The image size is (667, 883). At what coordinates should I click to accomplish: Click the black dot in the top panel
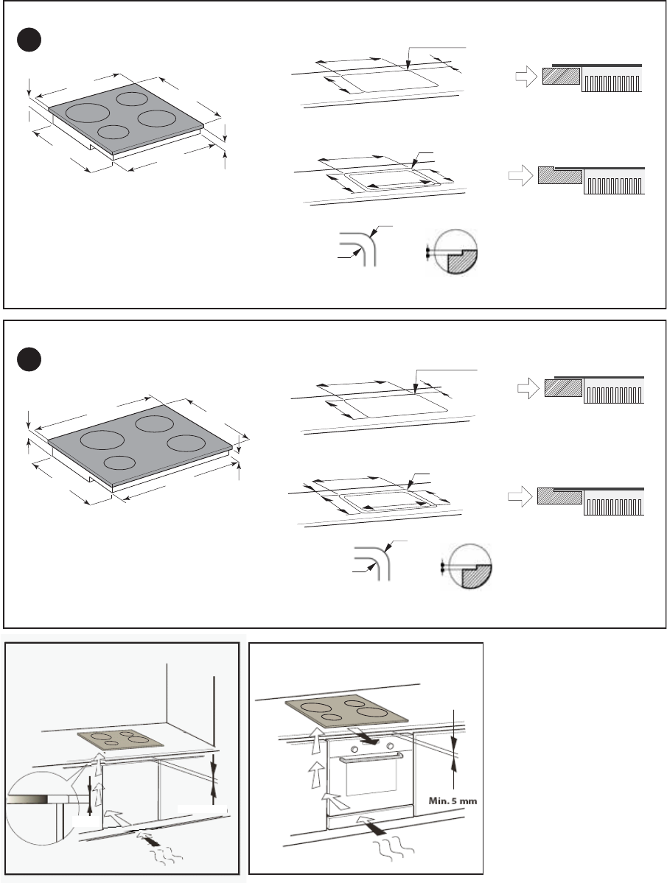29,40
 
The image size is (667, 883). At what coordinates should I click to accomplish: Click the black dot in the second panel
29,360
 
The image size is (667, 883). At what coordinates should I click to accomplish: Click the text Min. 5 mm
453,801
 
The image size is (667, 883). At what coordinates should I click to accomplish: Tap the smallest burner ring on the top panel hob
113,133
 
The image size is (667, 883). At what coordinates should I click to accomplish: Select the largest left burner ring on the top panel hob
87,111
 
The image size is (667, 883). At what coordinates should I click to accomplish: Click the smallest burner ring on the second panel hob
120,463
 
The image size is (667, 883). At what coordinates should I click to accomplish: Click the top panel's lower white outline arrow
520,175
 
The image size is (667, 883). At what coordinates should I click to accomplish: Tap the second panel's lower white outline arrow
520,496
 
